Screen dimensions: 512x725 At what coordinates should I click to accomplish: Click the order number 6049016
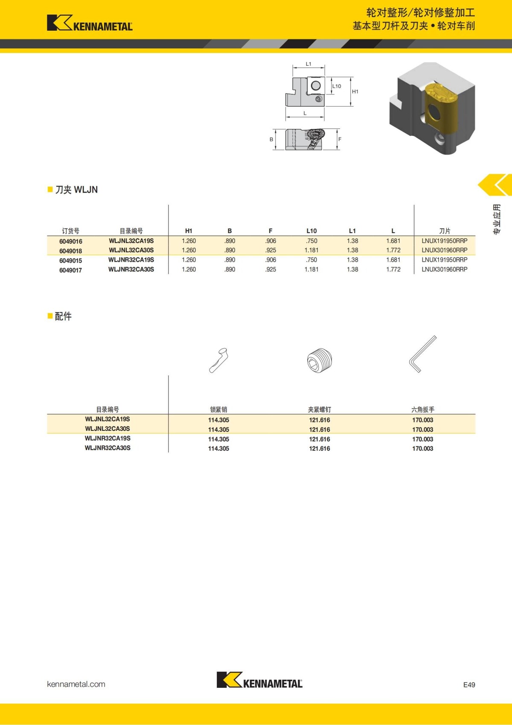pyautogui.click(x=70, y=241)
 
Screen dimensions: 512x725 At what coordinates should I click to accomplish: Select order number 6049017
pyautogui.click(x=70, y=270)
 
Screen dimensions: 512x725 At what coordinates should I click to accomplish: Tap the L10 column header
pyautogui.click(x=311, y=231)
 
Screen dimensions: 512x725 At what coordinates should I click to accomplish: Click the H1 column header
pyautogui.click(x=189, y=231)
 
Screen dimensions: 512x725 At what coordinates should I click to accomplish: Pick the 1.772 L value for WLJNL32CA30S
pyautogui.click(x=393, y=251)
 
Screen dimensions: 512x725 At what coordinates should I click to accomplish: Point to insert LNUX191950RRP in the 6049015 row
pyautogui.click(x=445, y=260)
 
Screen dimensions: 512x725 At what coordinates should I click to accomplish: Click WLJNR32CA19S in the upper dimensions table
pyautogui.click(x=131, y=260)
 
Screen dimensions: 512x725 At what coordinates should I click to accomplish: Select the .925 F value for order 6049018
pyautogui.click(x=271, y=251)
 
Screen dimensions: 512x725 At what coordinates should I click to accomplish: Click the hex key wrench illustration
pyautogui.click(x=423, y=354)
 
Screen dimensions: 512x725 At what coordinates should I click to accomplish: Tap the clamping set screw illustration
pyautogui.click(x=320, y=360)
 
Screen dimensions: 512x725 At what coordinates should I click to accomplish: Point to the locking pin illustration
pyautogui.click(x=218, y=360)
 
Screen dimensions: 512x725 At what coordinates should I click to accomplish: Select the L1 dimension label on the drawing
pyautogui.click(x=308, y=64)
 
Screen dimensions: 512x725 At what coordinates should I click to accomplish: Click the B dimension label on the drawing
pyautogui.click(x=271, y=140)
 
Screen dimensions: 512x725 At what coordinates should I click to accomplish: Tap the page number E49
pyautogui.click(x=469, y=684)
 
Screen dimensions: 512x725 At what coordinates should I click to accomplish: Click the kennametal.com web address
pyautogui.click(x=76, y=684)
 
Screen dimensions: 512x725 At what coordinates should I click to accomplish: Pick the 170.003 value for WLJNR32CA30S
pyautogui.click(x=422, y=449)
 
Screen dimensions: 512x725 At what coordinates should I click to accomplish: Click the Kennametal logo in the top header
pyautogui.click(x=90, y=23)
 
